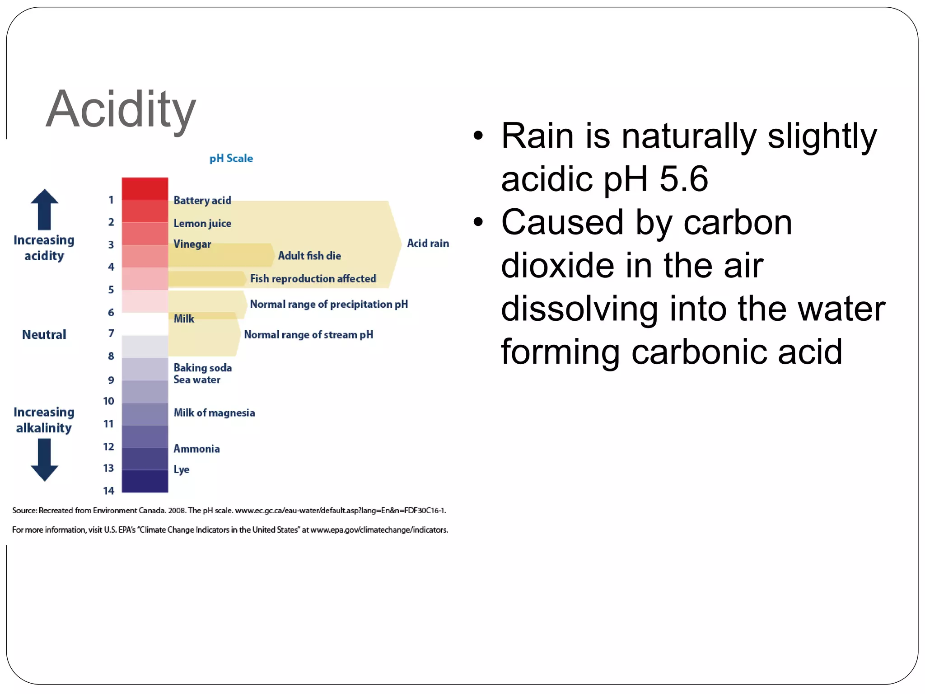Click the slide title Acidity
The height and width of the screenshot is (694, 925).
tap(121, 109)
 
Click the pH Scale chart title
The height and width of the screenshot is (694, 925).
tap(231, 159)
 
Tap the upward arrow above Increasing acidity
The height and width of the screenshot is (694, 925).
tap(44, 209)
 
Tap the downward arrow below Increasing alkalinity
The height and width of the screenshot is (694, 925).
tap(44, 460)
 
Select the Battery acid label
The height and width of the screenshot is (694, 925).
tap(202, 201)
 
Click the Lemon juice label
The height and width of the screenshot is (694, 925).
tap(202, 223)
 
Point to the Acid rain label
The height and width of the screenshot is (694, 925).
tap(427, 244)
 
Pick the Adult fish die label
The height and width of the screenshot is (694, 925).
tap(309, 256)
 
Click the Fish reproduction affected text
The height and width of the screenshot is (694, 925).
tap(313, 279)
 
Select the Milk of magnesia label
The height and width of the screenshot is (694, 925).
tap(214, 413)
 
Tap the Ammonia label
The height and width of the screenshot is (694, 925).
tap(196, 449)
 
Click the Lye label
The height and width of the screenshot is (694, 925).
tap(181, 469)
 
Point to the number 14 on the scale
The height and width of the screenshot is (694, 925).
tap(108, 491)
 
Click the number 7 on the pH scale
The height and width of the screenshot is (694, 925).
tap(111, 333)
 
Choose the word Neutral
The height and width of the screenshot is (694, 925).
tap(44, 335)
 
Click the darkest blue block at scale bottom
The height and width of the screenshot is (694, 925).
tap(145, 481)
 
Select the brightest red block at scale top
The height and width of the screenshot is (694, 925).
tap(145, 189)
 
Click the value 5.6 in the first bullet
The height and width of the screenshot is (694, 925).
tap(683, 179)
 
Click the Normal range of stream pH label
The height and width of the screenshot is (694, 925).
tap(308, 335)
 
